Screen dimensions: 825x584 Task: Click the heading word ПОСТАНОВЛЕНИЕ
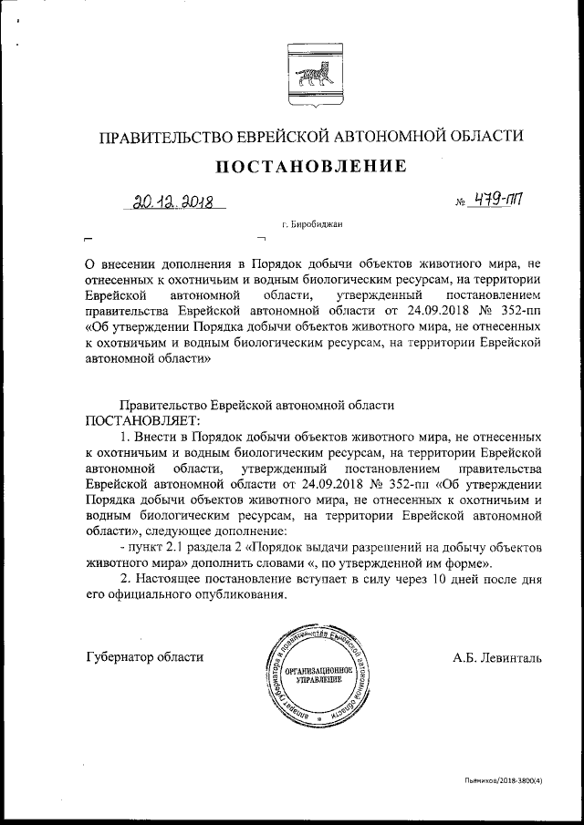310,167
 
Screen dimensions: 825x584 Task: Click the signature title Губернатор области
144,656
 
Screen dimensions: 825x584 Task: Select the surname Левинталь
509,656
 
